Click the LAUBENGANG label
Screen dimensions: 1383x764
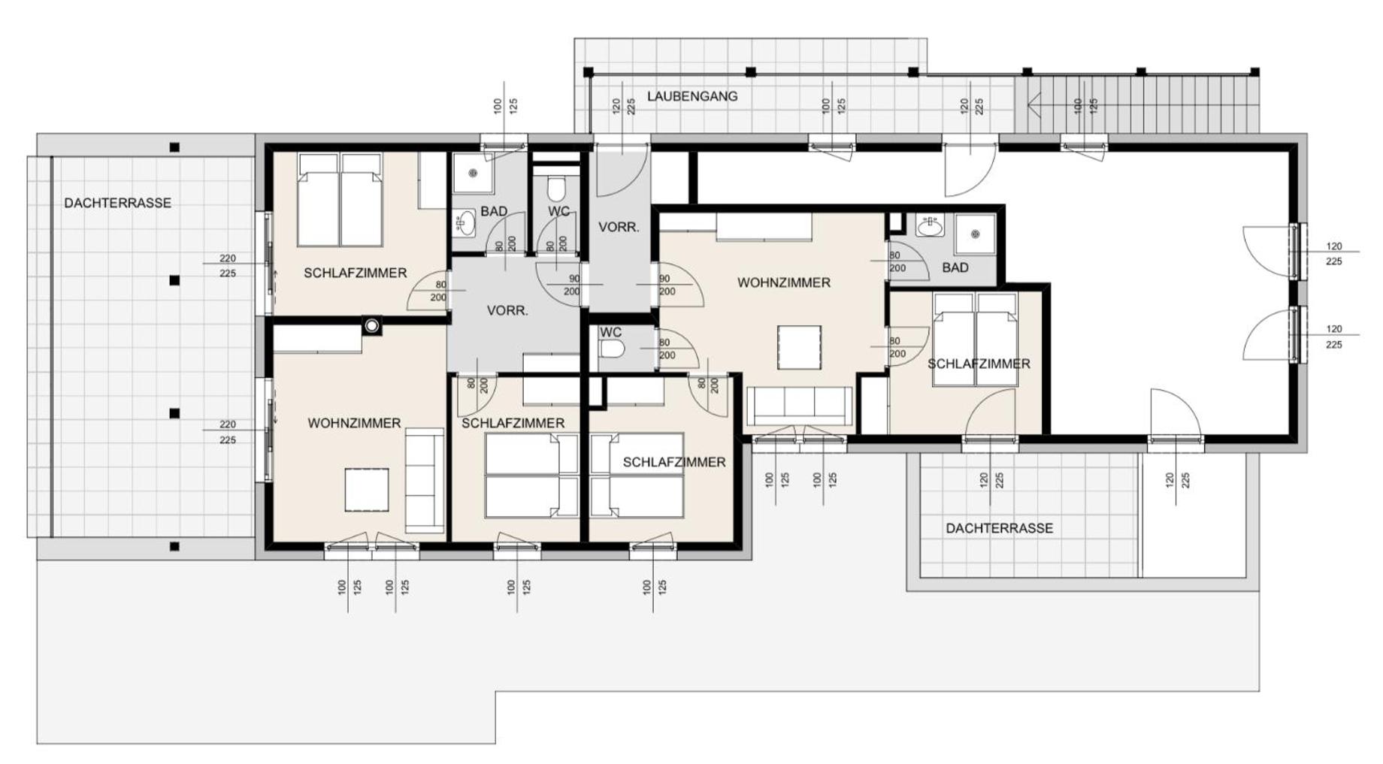point(691,96)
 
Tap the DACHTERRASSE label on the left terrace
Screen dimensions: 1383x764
point(117,203)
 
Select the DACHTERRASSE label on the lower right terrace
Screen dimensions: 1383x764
point(999,528)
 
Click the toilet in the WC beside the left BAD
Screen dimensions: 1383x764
point(557,188)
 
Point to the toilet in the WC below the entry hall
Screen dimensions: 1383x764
point(612,349)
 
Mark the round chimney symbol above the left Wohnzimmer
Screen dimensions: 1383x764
point(371,326)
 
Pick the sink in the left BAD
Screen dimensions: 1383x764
point(465,223)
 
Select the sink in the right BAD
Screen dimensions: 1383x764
point(930,225)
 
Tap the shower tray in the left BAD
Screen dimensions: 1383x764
point(473,174)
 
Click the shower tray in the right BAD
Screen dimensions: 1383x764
point(976,234)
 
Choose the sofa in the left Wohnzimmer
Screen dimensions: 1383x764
point(425,481)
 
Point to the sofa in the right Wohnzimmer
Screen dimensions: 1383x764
point(800,406)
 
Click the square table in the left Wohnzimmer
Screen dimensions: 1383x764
point(367,490)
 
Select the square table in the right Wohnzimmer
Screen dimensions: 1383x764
point(799,347)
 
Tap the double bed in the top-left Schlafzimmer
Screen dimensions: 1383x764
point(340,200)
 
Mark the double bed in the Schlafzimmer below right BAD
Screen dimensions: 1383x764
point(976,340)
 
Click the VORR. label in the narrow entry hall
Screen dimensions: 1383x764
point(619,227)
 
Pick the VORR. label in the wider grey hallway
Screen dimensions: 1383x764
point(507,310)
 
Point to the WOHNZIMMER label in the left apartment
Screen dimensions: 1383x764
point(354,424)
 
